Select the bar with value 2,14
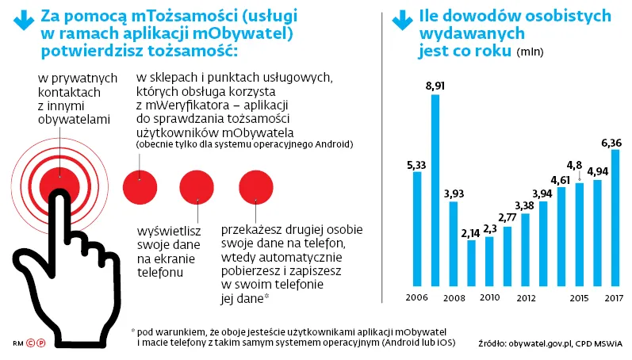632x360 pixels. click(x=471, y=262)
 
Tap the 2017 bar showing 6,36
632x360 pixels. click(x=615, y=217)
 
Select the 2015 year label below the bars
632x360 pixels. click(x=580, y=298)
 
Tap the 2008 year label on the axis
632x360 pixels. click(x=454, y=298)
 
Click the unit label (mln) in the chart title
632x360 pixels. click(x=528, y=52)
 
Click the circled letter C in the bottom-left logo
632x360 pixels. click(x=30, y=343)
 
